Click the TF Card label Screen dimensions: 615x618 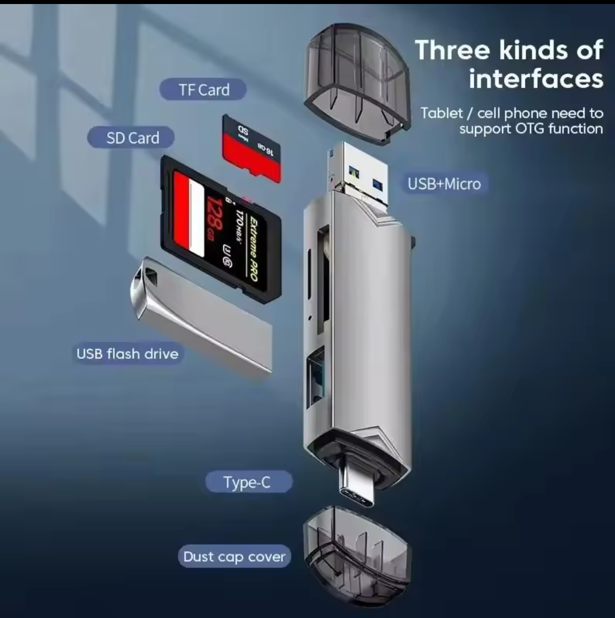tap(203, 90)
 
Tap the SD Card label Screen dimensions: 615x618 tap(131, 138)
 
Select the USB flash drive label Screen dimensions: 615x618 tap(127, 354)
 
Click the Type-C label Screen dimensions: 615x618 tap(249, 482)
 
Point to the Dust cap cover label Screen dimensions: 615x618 tap(234, 557)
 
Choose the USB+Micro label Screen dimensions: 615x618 tap(444, 183)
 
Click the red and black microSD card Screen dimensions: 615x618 tap(252, 148)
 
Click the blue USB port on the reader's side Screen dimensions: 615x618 tap(316, 377)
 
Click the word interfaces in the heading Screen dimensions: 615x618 tap(536, 79)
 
